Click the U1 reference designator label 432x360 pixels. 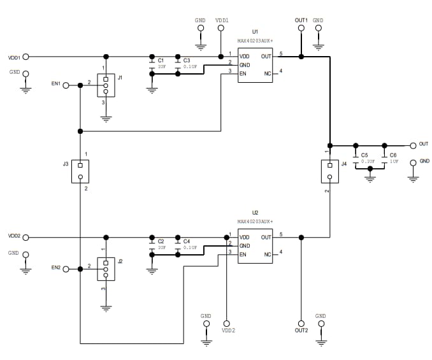pos(255,31)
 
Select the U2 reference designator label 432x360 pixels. pos(255,212)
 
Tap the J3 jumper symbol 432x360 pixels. pos(80,170)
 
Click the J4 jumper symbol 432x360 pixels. pos(329,170)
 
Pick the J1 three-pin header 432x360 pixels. pos(106,85)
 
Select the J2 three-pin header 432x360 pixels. pos(106,270)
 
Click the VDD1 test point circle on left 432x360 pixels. pos(26,57)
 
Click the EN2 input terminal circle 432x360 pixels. pos(66,269)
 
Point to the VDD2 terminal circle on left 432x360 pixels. pos(26,237)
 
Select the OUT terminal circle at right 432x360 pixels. pos(413,145)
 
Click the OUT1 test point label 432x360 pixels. pos(301,20)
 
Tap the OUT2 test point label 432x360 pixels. pos(301,330)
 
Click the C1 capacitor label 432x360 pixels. pos(161,61)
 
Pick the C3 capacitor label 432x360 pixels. pos(186,61)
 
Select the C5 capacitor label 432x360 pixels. pos(364,155)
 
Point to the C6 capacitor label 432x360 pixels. pos(393,155)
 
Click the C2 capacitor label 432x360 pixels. pos(161,241)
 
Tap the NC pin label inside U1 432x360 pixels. pos(268,73)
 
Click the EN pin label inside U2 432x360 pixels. pos(243,254)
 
